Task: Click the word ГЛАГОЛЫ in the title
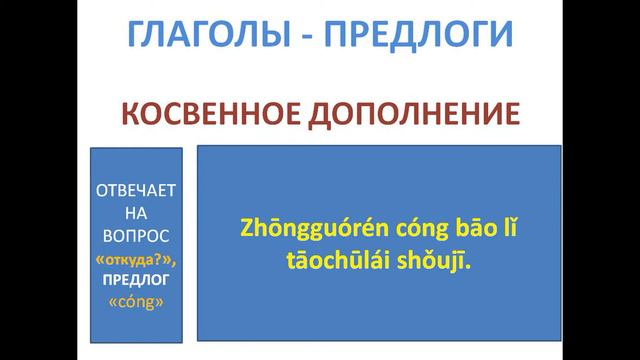click(x=200, y=34)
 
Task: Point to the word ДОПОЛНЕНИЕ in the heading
click(x=417, y=112)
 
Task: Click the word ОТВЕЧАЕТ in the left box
click(x=136, y=190)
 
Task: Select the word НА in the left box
click(x=136, y=213)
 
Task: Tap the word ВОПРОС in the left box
click(x=136, y=236)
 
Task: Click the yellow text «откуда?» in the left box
click(x=136, y=259)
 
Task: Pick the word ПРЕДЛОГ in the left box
click(x=136, y=281)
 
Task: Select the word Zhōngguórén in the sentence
click(x=303, y=228)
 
